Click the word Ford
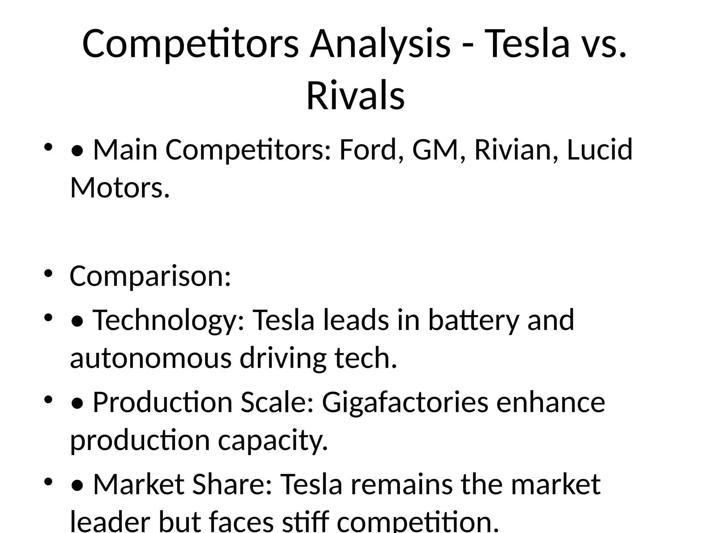371,150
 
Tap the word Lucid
600,150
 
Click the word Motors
120,188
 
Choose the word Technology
169,320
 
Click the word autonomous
151,358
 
